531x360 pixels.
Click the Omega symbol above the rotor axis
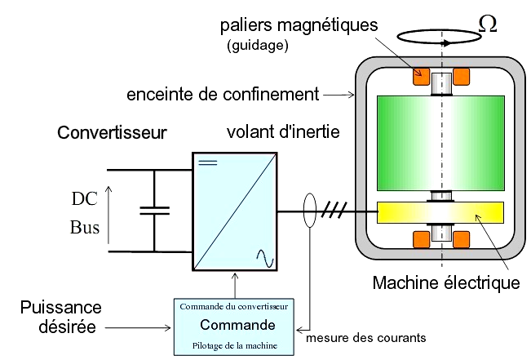point(487,23)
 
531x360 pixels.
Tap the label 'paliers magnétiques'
point(299,25)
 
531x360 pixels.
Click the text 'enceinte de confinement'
point(222,95)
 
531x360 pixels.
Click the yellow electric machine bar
point(440,213)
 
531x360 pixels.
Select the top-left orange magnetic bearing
point(422,77)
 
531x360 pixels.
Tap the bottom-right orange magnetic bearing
point(462,240)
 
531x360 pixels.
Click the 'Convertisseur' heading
point(112,131)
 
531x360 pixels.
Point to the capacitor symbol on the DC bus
point(154,211)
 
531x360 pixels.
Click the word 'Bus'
point(86,227)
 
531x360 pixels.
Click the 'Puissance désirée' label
point(62,317)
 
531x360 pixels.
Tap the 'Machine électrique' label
point(445,283)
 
